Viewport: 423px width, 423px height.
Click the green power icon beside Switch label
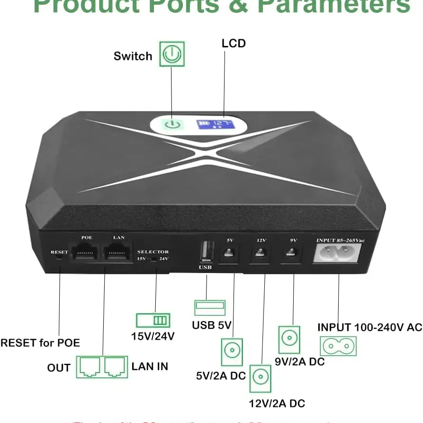[171, 54]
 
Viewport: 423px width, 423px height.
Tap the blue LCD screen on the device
[216, 125]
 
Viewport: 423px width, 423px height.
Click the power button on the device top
[172, 125]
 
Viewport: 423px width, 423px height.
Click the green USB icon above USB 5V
[209, 307]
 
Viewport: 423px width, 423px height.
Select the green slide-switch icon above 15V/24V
[153, 320]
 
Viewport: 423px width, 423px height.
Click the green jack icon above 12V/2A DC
[261, 378]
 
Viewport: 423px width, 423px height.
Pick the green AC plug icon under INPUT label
[338, 346]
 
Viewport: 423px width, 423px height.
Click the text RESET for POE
[40, 342]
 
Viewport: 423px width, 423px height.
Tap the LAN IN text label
[150, 366]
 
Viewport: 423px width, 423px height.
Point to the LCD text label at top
[234, 43]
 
